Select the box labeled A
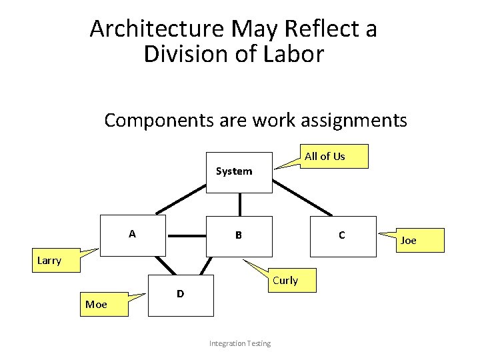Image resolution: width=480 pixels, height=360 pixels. point(133,235)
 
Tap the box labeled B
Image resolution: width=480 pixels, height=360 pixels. point(239,235)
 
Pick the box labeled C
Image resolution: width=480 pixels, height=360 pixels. point(343,235)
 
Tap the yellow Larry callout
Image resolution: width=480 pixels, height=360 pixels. point(50,261)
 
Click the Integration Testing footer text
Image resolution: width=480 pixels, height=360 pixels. point(240,343)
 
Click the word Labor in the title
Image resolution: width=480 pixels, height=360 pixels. point(296,54)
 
